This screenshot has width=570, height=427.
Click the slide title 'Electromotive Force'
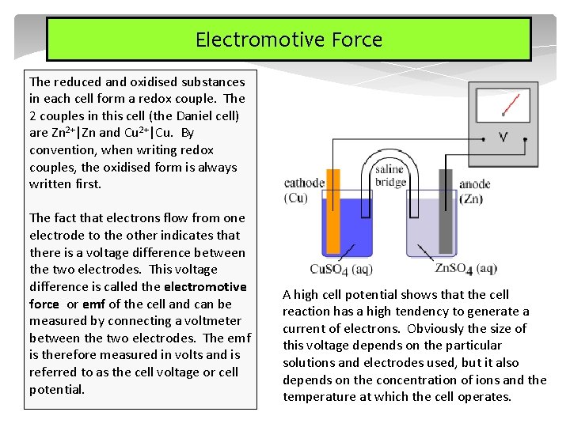[289, 40]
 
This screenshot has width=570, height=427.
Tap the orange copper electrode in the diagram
[333, 221]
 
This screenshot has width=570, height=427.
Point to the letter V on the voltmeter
[503, 137]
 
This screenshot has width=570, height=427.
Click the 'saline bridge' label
[389, 176]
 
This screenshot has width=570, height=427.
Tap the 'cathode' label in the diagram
[304, 183]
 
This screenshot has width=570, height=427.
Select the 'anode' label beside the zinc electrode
[475, 184]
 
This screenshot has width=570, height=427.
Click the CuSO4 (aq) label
[341, 269]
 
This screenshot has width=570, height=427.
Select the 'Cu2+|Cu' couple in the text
[148, 133]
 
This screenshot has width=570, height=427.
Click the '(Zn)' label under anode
[472, 198]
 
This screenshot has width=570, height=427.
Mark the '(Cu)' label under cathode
[296, 198]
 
